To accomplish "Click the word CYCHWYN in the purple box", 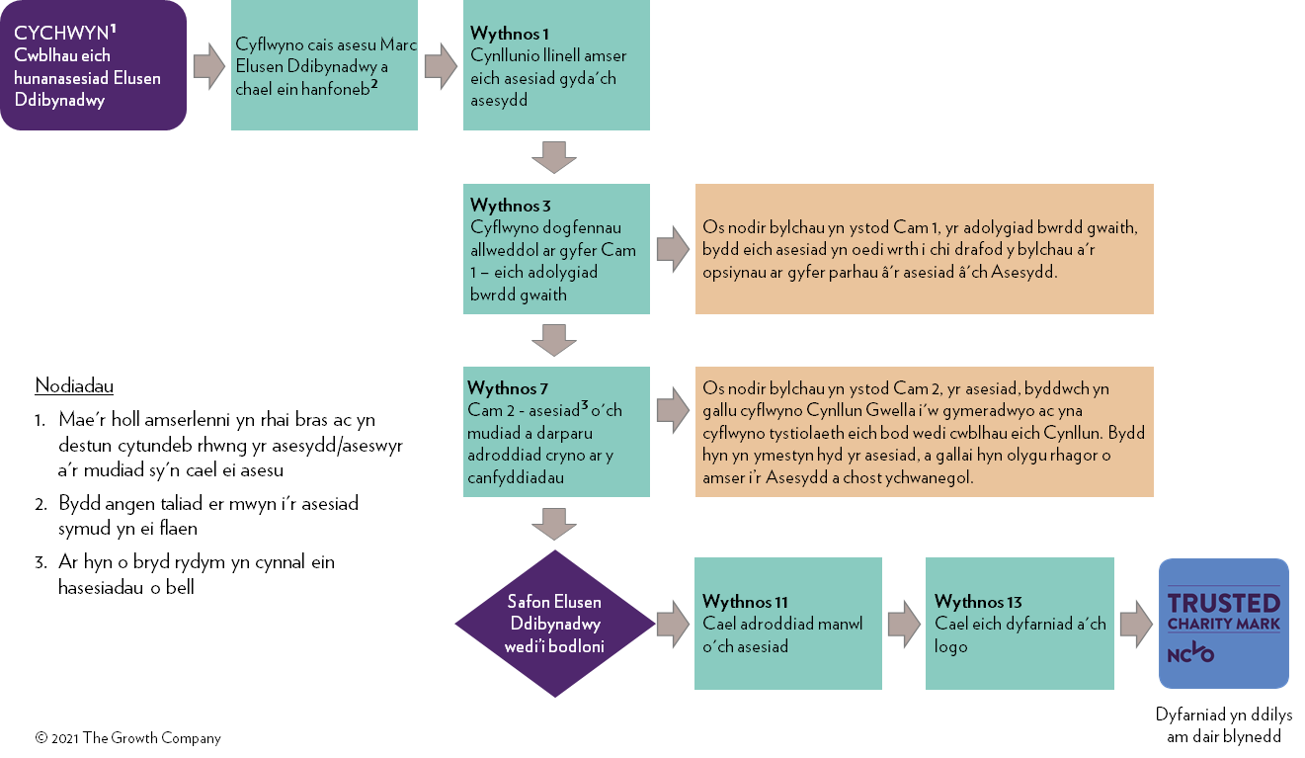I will (x=60, y=34).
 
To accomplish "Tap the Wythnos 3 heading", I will (x=511, y=206).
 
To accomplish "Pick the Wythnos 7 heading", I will (x=508, y=387).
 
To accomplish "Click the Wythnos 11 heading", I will (x=745, y=602).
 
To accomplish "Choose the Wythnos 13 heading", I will (x=978, y=602).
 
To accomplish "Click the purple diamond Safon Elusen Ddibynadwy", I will (x=554, y=624).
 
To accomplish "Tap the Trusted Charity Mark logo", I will (x=1223, y=624).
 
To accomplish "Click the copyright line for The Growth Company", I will (x=128, y=738).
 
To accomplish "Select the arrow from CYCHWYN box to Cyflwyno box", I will (x=208, y=66).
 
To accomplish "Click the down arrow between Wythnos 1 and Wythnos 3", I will (x=554, y=157).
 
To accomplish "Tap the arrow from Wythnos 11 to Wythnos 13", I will (x=904, y=625).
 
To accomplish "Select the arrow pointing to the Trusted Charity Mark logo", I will (x=1136, y=625).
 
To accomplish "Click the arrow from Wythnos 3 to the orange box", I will (x=673, y=249).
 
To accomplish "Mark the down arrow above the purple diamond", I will (x=554, y=523).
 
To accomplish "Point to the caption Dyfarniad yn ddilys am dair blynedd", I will (x=1223, y=725).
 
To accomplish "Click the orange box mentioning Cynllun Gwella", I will (x=924, y=432).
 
